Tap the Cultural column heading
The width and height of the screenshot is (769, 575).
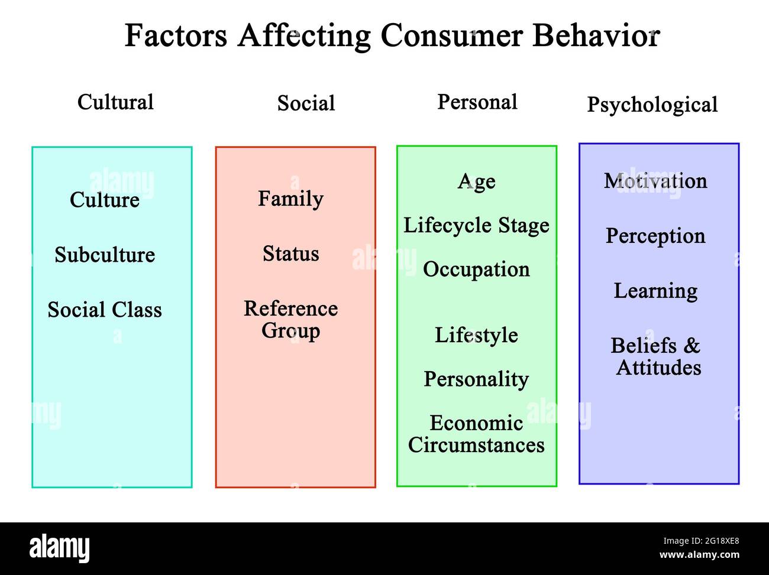(x=115, y=102)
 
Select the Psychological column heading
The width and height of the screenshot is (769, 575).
(x=652, y=105)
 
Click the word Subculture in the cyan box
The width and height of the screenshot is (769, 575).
(x=105, y=255)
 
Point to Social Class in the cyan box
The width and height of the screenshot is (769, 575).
(x=105, y=310)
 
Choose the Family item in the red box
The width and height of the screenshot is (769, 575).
(x=291, y=199)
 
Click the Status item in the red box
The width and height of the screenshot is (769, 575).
(x=291, y=254)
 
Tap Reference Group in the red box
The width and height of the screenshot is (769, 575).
(x=291, y=320)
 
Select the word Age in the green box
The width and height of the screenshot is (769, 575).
(x=476, y=182)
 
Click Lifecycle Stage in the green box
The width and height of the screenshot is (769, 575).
(x=476, y=225)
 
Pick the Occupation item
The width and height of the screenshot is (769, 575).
(x=476, y=269)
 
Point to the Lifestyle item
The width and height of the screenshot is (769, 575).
(x=476, y=335)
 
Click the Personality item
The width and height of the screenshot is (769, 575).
(x=476, y=379)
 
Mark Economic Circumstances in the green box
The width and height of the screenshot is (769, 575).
(x=476, y=434)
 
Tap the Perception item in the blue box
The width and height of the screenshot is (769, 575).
(x=655, y=236)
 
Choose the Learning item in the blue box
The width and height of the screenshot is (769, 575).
(x=655, y=291)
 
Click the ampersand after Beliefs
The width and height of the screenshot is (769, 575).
(x=692, y=346)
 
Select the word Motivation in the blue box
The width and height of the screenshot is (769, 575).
(x=655, y=181)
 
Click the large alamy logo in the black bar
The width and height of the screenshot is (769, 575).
(x=60, y=548)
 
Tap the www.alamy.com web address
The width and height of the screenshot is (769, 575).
(x=699, y=555)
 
